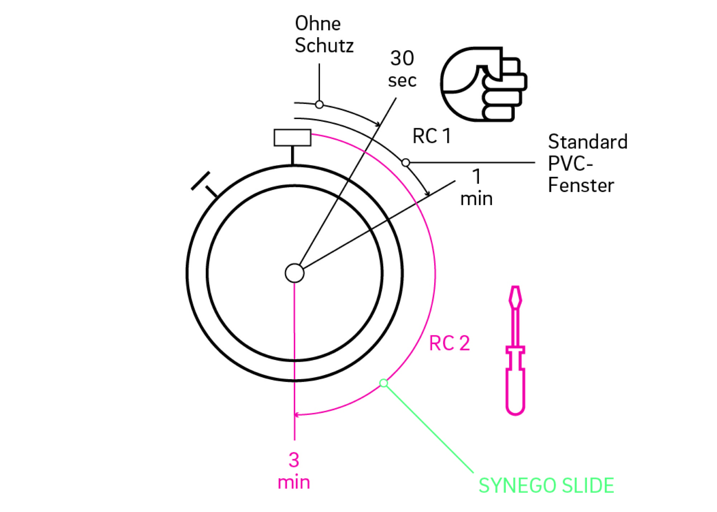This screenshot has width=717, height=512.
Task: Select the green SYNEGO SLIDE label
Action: click(546, 485)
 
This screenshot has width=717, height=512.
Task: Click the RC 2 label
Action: click(449, 343)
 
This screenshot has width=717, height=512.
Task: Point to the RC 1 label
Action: click(431, 136)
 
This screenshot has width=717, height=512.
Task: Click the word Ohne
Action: click(318, 24)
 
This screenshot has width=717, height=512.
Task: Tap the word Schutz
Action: click(324, 46)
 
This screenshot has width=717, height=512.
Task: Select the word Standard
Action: click(588, 142)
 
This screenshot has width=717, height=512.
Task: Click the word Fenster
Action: click(581, 185)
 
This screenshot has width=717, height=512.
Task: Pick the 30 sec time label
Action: click(402, 69)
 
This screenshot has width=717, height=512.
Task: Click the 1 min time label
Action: click(476, 188)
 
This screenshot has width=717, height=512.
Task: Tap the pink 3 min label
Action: click(294, 470)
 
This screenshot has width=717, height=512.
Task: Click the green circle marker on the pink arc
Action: click(384, 383)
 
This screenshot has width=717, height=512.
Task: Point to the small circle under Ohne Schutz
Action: click(319, 105)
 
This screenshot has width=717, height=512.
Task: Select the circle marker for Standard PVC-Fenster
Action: click(405, 163)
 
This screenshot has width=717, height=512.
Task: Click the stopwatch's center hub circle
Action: click(294, 273)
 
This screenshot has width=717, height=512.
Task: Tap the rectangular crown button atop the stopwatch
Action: click(292, 138)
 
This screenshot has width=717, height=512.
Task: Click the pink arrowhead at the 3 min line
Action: click(296, 415)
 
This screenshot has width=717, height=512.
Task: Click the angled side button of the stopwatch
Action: click(201, 181)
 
